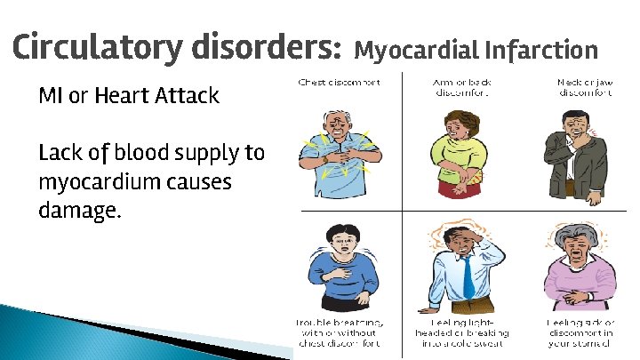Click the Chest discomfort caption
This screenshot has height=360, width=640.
pyautogui.click(x=339, y=83)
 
